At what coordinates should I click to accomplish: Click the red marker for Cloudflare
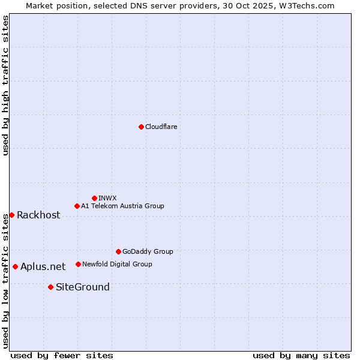coord(141,127)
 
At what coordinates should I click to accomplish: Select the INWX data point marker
coord(94,198)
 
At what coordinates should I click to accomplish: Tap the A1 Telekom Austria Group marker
coord(77,206)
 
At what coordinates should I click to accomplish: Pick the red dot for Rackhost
coord(11,215)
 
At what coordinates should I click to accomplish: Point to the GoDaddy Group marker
coord(118,251)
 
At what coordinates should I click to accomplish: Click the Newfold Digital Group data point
coord(78,264)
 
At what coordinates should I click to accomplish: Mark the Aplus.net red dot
coord(15,266)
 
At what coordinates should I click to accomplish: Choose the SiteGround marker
coord(50,287)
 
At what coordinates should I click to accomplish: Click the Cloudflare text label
coord(161,127)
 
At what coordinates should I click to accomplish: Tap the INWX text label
coord(107,198)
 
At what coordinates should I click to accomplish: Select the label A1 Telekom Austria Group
coord(122,206)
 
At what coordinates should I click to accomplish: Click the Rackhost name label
coord(38,215)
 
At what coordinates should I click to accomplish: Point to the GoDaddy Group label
coord(148,251)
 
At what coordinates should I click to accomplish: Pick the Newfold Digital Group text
coord(117,264)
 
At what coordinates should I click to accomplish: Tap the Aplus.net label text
coord(43,267)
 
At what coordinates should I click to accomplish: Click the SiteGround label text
coord(83,287)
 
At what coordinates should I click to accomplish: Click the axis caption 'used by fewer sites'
coord(62,355)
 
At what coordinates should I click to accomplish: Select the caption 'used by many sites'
coord(301,355)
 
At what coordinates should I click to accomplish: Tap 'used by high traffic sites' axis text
coord(6,85)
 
